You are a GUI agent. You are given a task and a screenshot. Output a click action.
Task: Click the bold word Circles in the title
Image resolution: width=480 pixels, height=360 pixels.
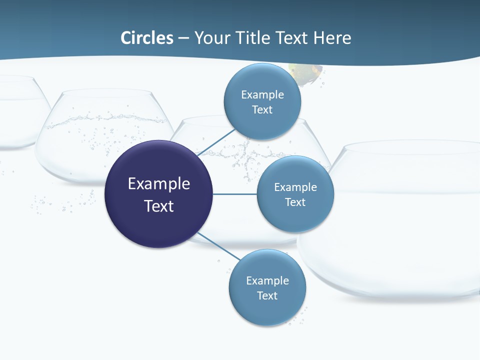pos(147,37)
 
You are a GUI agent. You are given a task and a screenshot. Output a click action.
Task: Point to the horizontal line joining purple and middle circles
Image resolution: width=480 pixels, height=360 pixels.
pos(235,194)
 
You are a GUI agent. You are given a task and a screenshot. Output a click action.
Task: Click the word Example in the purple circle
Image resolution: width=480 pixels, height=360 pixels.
pos(158,183)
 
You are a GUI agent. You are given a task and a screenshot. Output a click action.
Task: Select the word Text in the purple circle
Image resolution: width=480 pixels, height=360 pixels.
pos(158,206)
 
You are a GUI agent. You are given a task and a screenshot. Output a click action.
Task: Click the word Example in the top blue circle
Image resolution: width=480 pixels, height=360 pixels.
pos(262,94)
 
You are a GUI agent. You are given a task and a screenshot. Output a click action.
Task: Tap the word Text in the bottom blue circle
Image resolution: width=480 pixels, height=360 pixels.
pos(267,295)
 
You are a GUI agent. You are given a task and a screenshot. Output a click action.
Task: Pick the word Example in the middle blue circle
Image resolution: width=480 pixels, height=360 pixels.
pos(295,187)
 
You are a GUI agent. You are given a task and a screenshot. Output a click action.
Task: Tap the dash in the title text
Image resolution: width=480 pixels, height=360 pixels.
pos(183,38)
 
